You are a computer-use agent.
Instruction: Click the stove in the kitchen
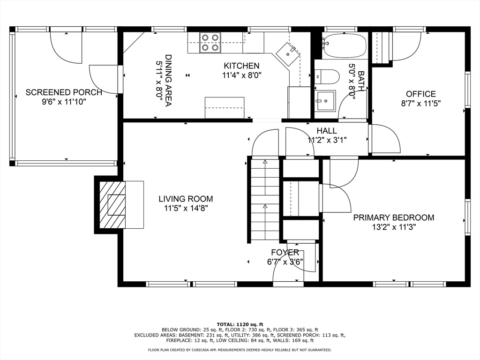[210, 42]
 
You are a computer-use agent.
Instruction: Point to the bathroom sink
[324, 100]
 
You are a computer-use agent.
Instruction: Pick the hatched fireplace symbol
[112, 204]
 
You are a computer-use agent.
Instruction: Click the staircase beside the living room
[265, 201]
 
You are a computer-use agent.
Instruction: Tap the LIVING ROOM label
[186, 199]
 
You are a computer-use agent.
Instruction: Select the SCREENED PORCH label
[64, 92]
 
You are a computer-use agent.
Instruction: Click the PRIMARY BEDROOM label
[393, 217]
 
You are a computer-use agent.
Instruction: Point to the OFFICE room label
[420, 94]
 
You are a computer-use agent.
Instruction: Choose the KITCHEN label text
[241, 66]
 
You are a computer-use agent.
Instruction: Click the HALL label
[327, 131]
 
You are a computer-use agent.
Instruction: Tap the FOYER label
[285, 253]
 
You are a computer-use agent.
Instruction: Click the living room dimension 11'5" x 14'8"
[186, 208]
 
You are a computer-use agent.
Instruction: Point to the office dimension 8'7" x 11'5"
[420, 103]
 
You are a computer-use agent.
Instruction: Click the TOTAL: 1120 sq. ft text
[240, 324]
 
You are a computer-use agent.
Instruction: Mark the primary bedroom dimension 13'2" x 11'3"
[393, 227]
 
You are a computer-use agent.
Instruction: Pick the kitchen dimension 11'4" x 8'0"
[241, 75]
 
